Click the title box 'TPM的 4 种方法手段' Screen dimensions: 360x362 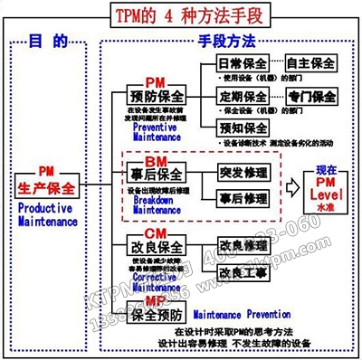pyautogui.click(x=182, y=15)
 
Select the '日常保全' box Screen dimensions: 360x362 pyautogui.click(x=243, y=65)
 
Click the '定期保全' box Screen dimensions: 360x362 pyautogui.click(x=243, y=96)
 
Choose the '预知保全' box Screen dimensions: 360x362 pyautogui.click(x=243, y=127)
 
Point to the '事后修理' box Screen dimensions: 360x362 pyautogui.click(x=243, y=198)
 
